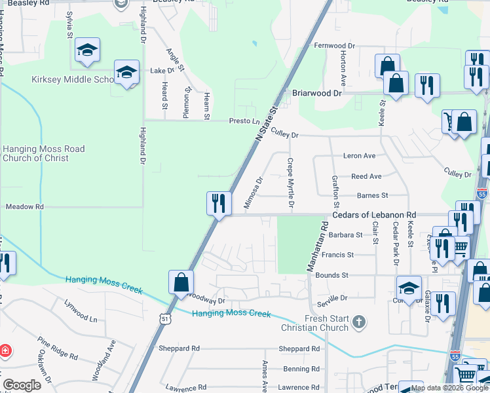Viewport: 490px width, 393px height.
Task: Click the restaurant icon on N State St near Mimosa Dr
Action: point(218,203)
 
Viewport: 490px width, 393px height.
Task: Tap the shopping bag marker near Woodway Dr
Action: point(181,282)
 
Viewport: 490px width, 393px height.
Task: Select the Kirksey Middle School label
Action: point(73,80)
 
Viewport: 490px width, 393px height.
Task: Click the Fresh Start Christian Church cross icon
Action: point(358,321)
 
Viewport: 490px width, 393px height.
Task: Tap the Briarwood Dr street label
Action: point(317,93)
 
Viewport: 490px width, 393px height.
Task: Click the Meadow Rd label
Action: point(24,206)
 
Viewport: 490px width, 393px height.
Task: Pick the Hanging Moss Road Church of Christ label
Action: point(43,153)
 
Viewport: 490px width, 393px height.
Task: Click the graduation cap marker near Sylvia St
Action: point(87,51)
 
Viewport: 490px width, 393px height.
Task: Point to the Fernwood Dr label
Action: point(334,46)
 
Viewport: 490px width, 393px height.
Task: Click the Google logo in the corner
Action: point(22,385)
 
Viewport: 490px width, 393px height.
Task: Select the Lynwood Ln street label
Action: point(81,310)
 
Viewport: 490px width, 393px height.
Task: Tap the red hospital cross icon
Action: point(5,350)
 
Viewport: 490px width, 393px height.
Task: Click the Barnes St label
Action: point(373,195)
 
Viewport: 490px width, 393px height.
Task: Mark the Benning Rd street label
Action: point(301,369)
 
